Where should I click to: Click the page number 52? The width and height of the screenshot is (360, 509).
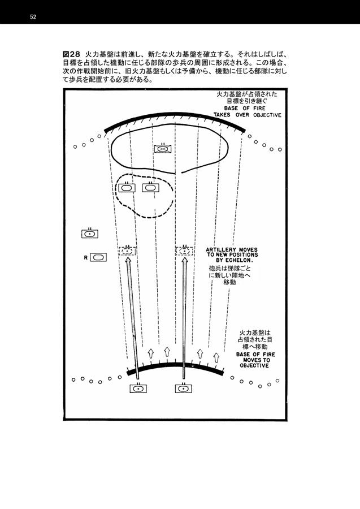(x=33, y=17)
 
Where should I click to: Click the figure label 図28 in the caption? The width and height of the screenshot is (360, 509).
(x=71, y=54)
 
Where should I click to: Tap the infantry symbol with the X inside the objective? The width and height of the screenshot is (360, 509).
(x=163, y=148)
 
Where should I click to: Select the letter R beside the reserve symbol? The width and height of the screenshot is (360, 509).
(x=86, y=258)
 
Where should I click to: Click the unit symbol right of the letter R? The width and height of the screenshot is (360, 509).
(x=98, y=257)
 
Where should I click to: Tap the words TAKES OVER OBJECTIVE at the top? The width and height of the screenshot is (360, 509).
(x=248, y=115)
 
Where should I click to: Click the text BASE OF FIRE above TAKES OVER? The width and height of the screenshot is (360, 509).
(x=245, y=108)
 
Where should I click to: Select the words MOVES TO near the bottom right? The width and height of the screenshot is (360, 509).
(x=257, y=360)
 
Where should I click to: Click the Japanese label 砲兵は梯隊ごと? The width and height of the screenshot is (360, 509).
(x=229, y=269)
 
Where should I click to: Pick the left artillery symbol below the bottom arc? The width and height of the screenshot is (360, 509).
(x=138, y=387)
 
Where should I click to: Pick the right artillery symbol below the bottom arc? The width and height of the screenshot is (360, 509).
(x=184, y=387)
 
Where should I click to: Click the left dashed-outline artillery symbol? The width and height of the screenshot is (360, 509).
(x=127, y=251)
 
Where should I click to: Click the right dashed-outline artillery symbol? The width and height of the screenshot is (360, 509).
(x=185, y=251)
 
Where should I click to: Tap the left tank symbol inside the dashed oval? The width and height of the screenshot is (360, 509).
(x=127, y=187)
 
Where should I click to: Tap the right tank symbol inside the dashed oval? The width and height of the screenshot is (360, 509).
(x=150, y=187)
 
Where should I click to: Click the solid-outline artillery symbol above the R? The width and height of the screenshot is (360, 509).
(x=90, y=233)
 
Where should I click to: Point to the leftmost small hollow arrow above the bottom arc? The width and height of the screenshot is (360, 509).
(x=150, y=353)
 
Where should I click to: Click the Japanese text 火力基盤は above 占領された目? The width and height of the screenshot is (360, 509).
(x=254, y=333)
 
